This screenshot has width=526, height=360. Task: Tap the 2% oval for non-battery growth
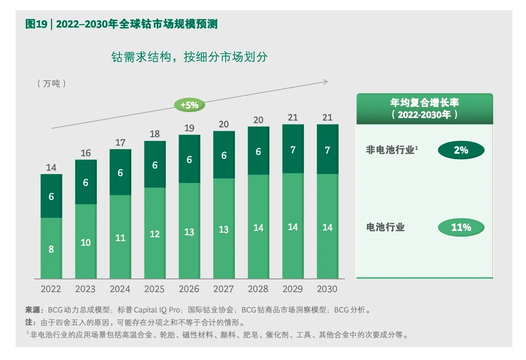(x=461, y=150)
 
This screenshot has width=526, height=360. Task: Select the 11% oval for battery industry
(x=461, y=228)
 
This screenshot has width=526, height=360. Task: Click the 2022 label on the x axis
(x=51, y=289)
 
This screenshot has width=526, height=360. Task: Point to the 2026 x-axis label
(x=189, y=289)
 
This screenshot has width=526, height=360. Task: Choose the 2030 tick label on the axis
(x=327, y=289)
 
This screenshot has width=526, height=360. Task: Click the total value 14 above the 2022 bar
(x=51, y=168)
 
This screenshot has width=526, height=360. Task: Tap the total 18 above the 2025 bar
(x=155, y=134)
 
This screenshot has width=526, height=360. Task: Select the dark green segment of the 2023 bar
(x=86, y=182)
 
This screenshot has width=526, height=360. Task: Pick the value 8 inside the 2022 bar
(x=51, y=249)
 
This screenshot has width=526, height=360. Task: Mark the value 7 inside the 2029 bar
(x=293, y=150)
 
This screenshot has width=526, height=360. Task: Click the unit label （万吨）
(x=52, y=83)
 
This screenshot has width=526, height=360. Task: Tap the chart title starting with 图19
(x=122, y=24)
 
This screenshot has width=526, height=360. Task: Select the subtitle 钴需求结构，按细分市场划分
(x=189, y=57)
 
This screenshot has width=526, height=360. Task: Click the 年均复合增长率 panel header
(x=424, y=109)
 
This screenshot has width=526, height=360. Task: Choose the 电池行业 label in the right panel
(x=385, y=227)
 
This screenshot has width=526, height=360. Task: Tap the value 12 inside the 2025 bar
(x=155, y=234)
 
